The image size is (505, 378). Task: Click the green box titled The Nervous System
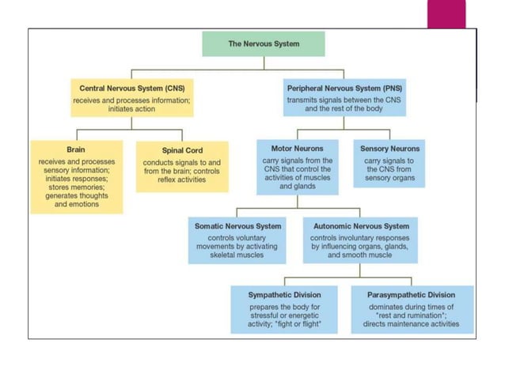click(x=264, y=43)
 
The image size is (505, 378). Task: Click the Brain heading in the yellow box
click(x=77, y=148)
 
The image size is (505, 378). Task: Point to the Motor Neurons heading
click(x=297, y=148)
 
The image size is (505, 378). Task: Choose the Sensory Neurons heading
click(x=389, y=148)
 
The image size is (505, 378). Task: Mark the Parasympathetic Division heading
click(x=412, y=295)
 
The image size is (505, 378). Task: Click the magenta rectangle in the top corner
click(x=446, y=13)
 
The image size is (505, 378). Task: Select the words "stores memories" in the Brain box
click(x=77, y=187)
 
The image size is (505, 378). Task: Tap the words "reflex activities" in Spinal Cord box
click(x=182, y=179)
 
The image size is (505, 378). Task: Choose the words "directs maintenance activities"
click(x=412, y=323)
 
